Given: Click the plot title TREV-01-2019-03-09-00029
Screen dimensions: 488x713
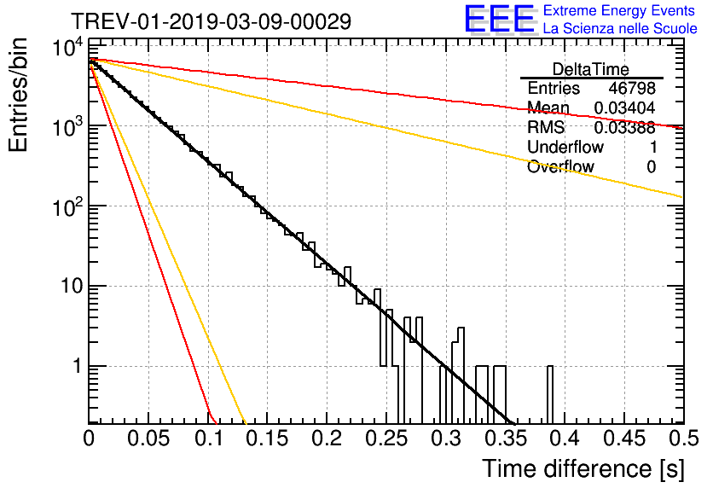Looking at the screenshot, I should (x=211, y=21).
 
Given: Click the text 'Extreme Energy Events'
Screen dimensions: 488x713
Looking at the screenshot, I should (x=620, y=11).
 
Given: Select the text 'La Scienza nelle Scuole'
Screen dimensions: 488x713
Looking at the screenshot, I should (x=620, y=29).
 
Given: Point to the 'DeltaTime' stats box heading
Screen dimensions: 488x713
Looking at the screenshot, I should (x=591, y=69).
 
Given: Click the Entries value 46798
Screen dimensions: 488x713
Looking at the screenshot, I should (x=632, y=89).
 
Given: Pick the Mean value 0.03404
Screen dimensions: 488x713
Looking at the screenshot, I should (x=627, y=108).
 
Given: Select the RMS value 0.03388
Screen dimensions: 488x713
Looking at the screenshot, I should (x=627, y=128).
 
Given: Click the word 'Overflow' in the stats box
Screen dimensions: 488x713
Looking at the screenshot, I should (x=560, y=167).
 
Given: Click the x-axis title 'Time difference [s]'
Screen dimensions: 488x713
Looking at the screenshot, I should (x=582, y=468).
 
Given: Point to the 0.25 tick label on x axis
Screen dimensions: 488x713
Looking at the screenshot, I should (x=385, y=439).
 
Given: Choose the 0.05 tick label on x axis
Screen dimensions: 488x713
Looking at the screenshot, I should (x=148, y=439).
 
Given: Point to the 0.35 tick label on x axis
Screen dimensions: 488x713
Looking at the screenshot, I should (x=505, y=439).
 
